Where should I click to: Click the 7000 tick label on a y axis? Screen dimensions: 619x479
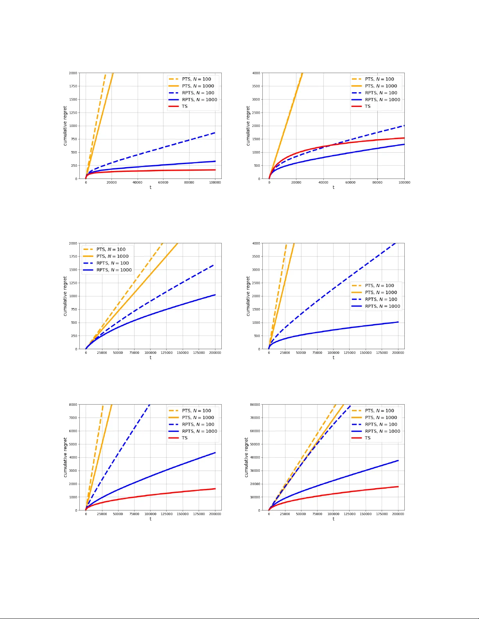(x=73, y=418)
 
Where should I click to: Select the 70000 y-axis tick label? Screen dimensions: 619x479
(x=255, y=418)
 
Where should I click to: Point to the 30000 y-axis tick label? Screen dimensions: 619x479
(x=255, y=471)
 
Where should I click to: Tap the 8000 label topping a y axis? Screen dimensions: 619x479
(x=73, y=405)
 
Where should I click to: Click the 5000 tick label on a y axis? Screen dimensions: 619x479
(x=73, y=444)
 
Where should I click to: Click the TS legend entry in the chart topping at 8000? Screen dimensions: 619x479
(x=185, y=438)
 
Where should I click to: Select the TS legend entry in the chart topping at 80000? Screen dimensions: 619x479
(x=368, y=438)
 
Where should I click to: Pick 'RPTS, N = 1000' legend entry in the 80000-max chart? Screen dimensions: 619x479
(x=382, y=431)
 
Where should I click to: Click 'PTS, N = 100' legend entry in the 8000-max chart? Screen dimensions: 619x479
(x=196, y=411)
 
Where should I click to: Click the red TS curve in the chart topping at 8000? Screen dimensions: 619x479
(x=156, y=494)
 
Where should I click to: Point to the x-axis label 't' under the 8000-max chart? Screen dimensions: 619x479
(x=151, y=519)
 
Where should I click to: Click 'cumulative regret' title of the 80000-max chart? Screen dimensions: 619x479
(x=246, y=457)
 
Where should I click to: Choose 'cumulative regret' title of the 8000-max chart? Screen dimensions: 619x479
(x=65, y=457)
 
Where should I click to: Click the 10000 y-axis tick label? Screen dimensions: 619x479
(x=255, y=497)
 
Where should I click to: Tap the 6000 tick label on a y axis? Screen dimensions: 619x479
(x=73, y=431)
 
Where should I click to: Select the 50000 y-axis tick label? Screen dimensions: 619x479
(x=255, y=444)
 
